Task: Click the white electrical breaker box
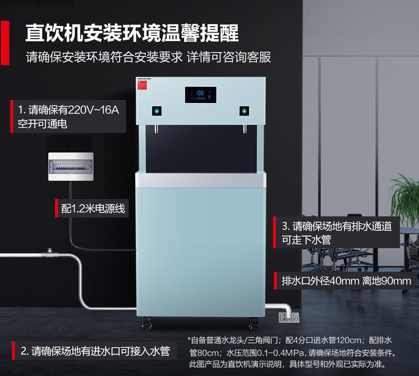coord(71,167)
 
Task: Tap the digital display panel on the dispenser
coord(201,94)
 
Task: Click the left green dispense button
coord(157,111)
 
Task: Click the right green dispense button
coord(244,111)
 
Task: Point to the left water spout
coord(155,128)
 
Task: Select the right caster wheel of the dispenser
coord(254,324)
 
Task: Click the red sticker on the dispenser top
coord(141,86)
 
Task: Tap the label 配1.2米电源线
coord(93,208)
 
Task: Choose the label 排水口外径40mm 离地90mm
coord(346,281)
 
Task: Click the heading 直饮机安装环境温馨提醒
coord(132,33)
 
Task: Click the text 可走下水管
coord(306,240)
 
